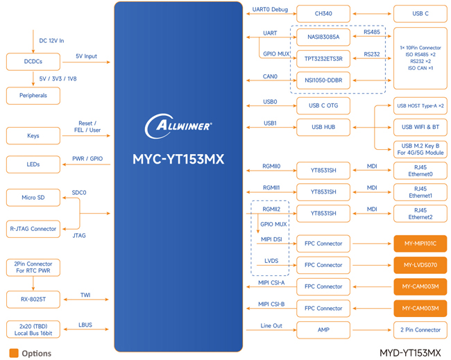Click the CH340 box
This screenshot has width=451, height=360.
coord(323,14)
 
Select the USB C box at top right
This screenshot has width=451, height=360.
coord(420,14)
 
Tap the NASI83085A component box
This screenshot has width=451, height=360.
coord(323,36)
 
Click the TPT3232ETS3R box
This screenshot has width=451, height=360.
coord(323,58)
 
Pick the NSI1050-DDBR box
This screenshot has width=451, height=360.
coord(323,80)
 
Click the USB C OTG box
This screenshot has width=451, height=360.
coord(323,105)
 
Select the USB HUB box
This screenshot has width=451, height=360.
coord(323,127)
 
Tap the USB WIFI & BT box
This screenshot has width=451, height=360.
coord(420,127)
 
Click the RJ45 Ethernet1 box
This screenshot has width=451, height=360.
coord(420,191)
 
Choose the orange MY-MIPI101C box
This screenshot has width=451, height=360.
coord(420,243)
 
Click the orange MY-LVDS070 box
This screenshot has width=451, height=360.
coord(420,265)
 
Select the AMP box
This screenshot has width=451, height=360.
coord(323,329)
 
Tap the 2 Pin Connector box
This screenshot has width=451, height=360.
coord(420,329)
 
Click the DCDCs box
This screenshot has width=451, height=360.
coord(33,62)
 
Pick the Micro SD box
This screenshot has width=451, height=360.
coord(33,198)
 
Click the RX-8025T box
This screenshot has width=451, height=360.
coord(33,300)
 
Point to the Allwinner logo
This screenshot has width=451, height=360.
coord(178,126)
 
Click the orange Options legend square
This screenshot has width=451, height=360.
coord(13,352)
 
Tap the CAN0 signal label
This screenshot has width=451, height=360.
coord(270,76)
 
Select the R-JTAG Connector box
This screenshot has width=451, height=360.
coord(33,228)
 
